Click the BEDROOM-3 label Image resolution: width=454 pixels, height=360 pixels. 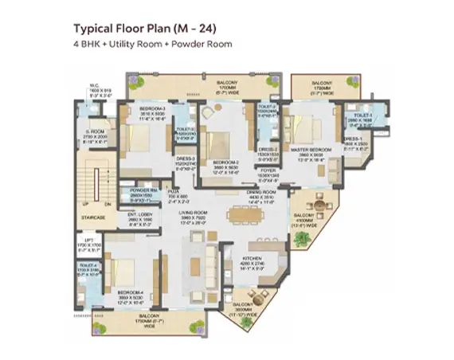(x=151, y=108)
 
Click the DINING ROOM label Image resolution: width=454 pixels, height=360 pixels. (x=261, y=194)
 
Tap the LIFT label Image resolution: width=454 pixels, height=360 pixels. (x=89, y=239)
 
